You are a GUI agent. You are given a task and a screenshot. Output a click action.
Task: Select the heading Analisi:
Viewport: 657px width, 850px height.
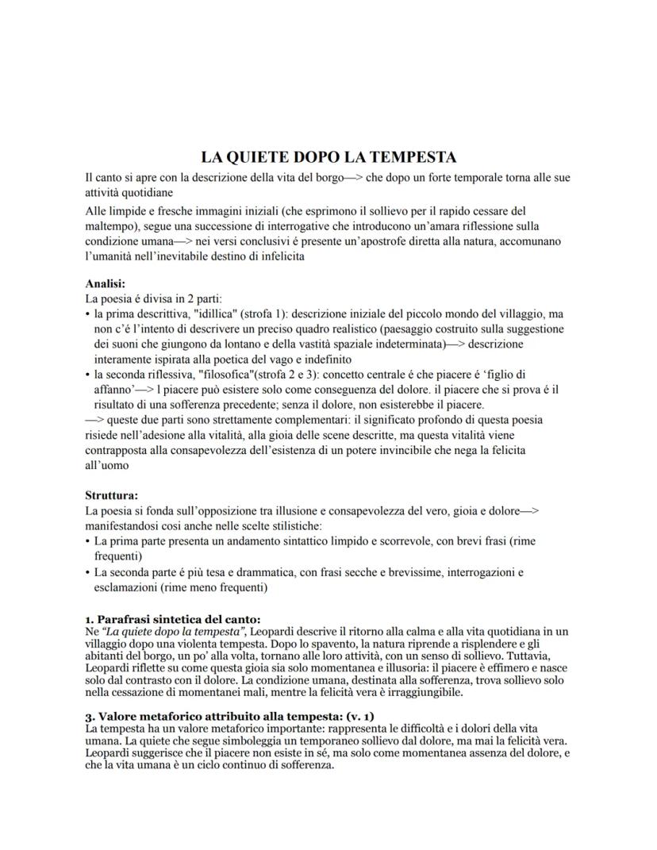coord(106,283)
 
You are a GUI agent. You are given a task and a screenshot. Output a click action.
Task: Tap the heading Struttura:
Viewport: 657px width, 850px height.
coord(111,495)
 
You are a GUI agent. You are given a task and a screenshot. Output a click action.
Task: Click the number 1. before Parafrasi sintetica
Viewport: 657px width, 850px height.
coord(90,619)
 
